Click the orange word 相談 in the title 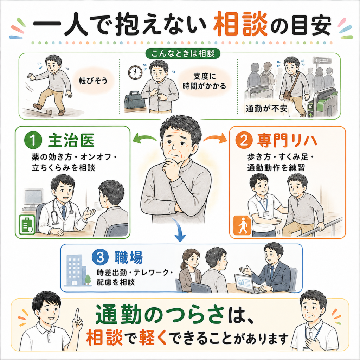(240, 25)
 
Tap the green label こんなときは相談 (183, 53)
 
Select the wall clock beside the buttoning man (135, 72)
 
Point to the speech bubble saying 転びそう (93, 81)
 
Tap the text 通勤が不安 (266, 109)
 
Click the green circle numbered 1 (33, 141)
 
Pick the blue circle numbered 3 (100, 258)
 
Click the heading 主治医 (71, 141)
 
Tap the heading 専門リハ (287, 141)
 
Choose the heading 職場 (129, 258)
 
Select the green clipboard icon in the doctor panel (27, 225)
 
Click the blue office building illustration (76, 270)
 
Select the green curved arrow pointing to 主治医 (144, 139)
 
